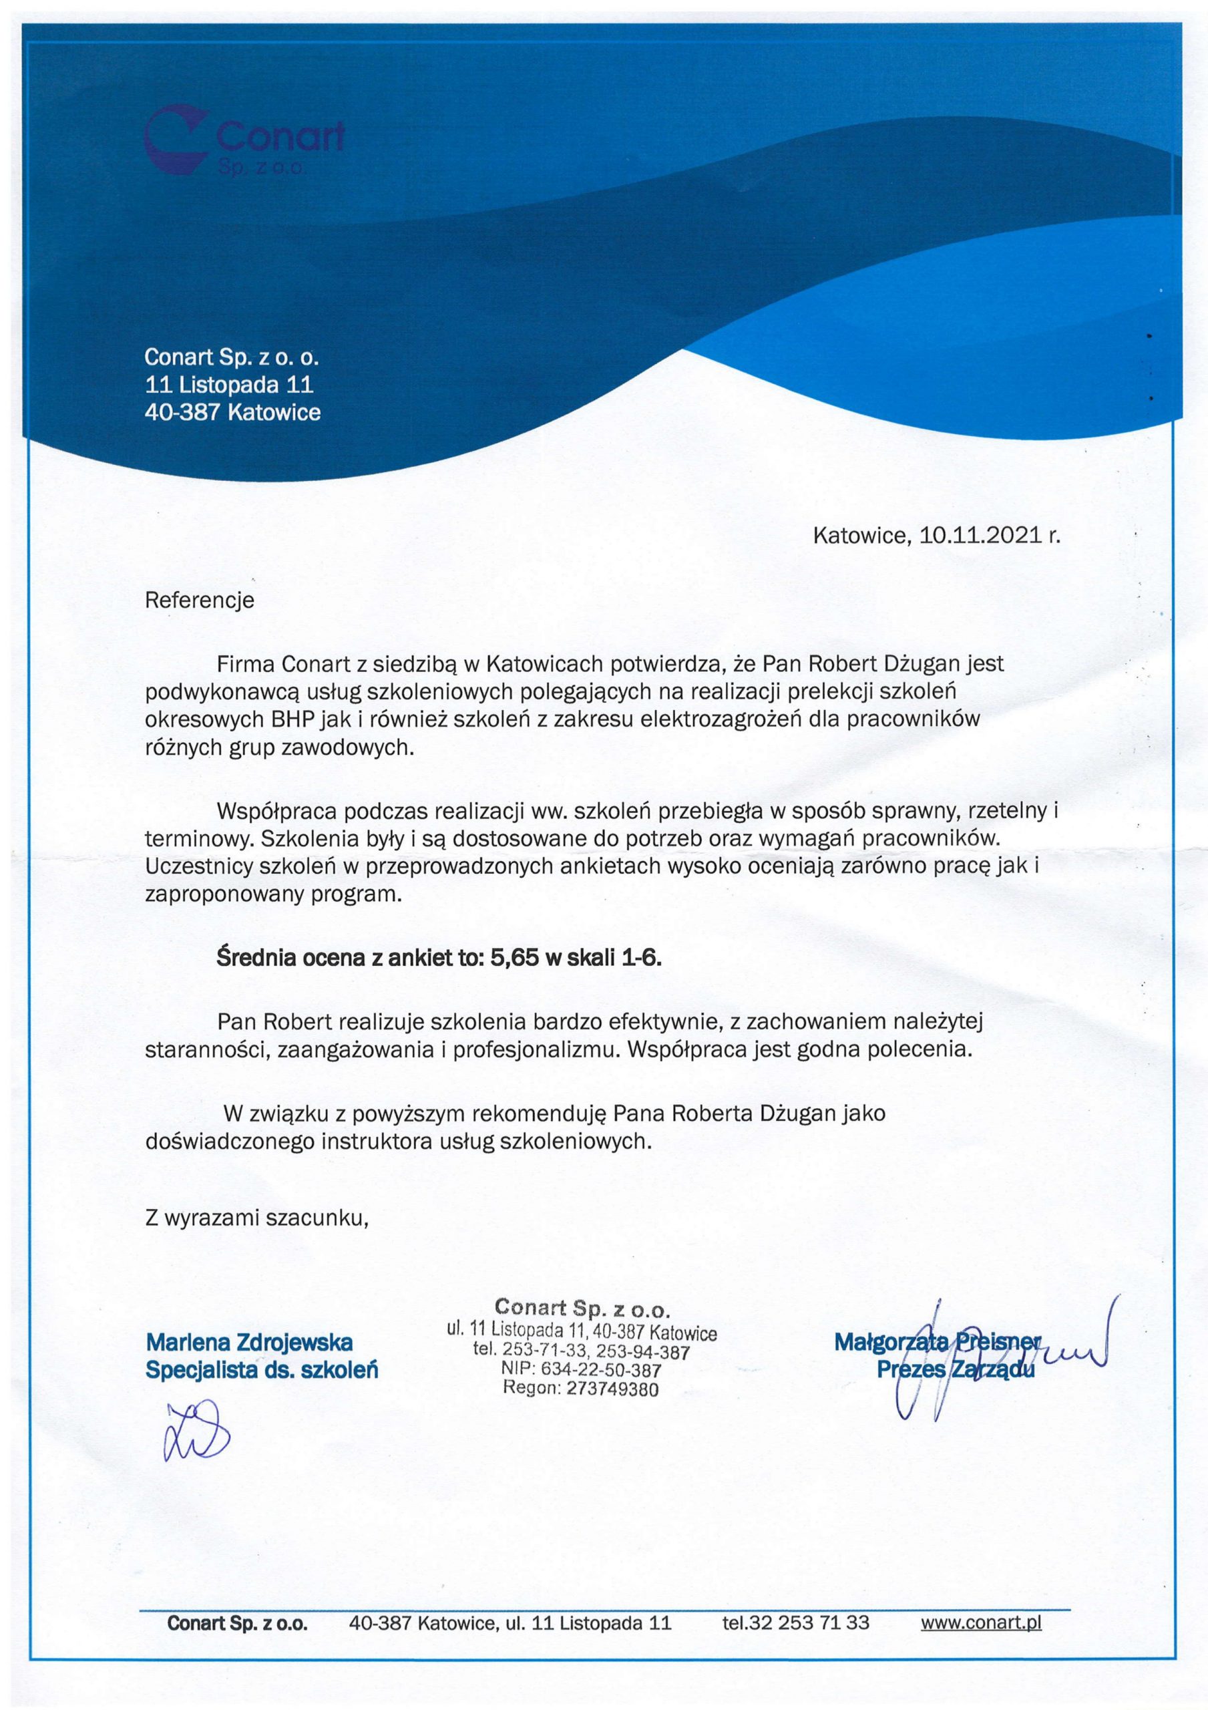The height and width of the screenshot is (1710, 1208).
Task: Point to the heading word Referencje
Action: [x=199, y=601]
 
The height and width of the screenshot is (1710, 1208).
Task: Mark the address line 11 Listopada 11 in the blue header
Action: [x=228, y=385]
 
